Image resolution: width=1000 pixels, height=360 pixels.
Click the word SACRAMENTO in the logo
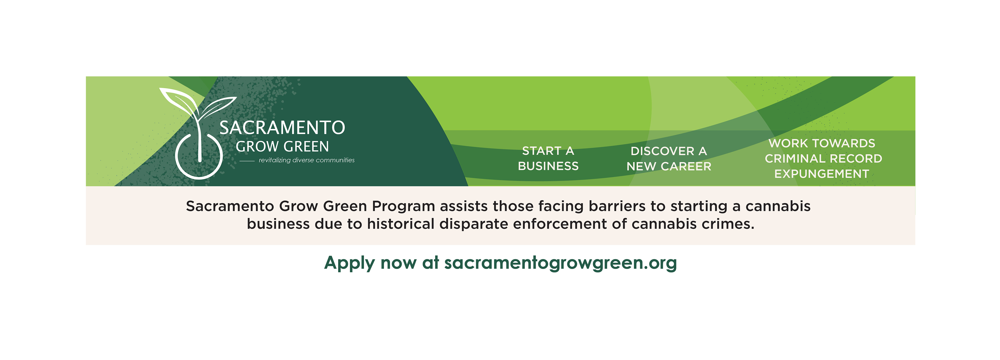point(282,128)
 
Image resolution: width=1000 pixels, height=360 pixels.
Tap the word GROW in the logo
point(257,147)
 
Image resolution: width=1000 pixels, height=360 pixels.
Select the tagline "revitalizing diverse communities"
point(307,160)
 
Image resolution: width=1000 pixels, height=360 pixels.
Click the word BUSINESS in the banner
point(548,166)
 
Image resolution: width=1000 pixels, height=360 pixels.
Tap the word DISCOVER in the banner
point(662,151)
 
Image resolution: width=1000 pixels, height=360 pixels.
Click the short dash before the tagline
point(247,161)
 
